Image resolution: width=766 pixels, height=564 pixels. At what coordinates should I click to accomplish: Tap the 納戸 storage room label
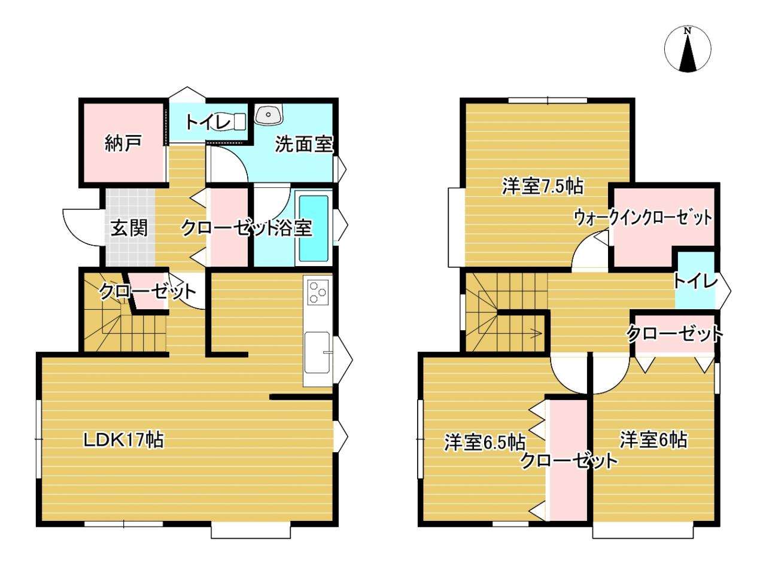click(123, 143)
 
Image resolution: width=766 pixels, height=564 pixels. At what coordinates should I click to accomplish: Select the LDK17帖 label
click(124, 440)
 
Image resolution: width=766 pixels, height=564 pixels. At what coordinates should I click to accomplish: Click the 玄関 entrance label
click(129, 228)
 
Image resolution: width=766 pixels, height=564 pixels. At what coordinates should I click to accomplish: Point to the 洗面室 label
click(304, 144)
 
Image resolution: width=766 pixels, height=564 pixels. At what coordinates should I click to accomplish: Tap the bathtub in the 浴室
click(314, 228)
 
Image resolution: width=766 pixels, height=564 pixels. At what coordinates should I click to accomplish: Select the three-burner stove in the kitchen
click(318, 292)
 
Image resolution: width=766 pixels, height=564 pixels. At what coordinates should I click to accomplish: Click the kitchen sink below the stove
click(318, 352)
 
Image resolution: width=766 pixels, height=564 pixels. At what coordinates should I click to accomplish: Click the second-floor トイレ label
click(696, 282)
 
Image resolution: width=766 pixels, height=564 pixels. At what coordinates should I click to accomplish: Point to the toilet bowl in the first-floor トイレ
click(230, 123)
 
